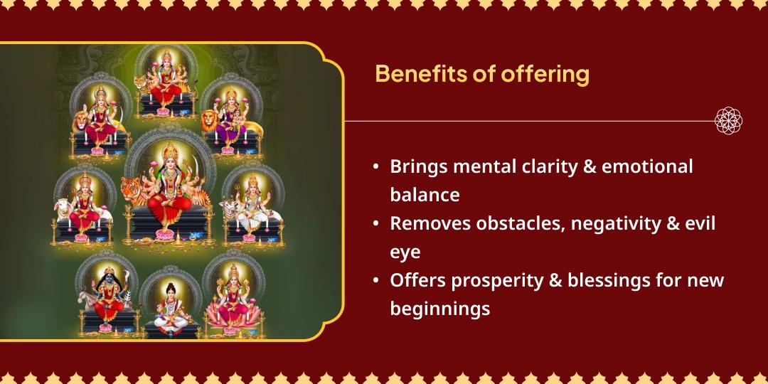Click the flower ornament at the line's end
click(729, 121)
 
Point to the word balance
click(425, 195)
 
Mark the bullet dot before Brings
click(375, 168)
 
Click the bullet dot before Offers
click(375, 281)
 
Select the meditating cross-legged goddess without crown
click(171, 306)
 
